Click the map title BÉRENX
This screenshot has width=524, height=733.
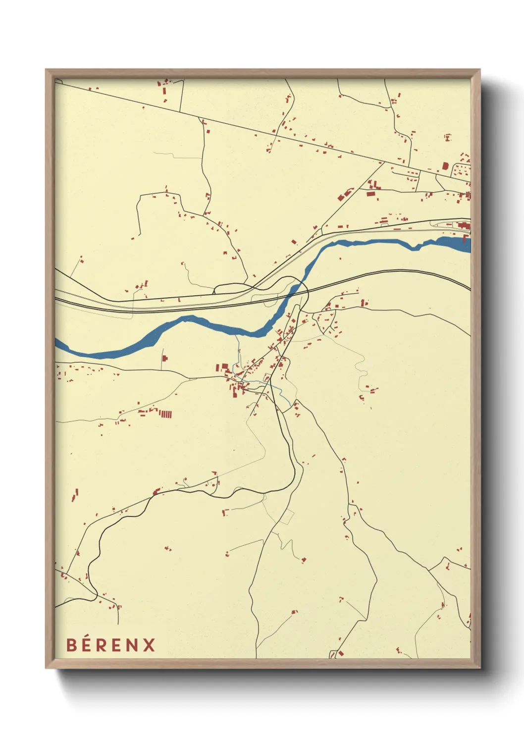pyautogui.click(x=110, y=645)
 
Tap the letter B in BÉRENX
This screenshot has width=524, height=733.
pyautogui.click(x=71, y=645)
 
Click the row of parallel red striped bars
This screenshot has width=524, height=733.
pyautogui.click(x=165, y=413)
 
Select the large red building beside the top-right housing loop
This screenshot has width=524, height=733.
pyautogui.click(x=445, y=166)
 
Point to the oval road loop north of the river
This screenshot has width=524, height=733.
pyautogui.click(x=233, y=287)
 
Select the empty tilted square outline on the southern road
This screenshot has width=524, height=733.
pyautogui.click(x=286, y=517)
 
